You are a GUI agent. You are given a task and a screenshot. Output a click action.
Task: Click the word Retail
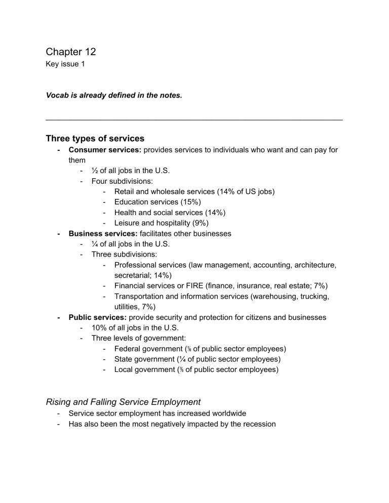tap(126, 192)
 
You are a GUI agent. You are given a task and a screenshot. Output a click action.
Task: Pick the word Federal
tap(129, 349)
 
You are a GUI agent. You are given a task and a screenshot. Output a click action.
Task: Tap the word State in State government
tap(124, 359)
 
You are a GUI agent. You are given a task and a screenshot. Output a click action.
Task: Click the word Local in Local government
tap(124, 369)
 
